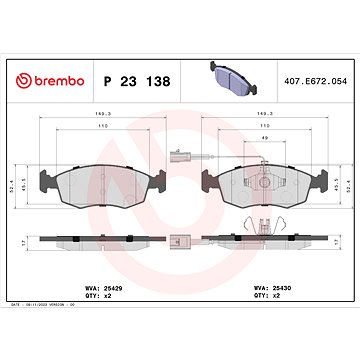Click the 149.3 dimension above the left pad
tap(97, 115)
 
